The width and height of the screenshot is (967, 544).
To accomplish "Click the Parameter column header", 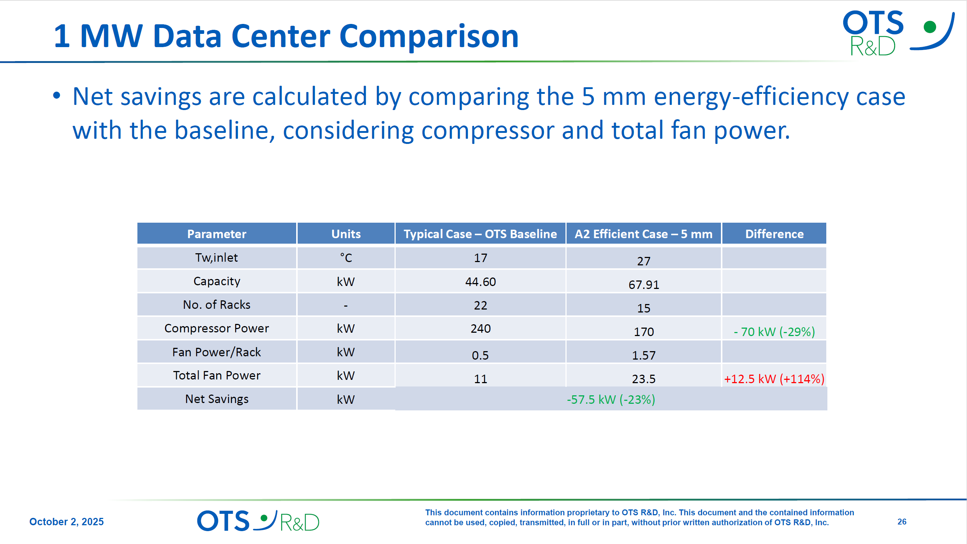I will pos(217,234).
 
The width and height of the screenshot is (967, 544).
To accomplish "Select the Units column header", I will pos(346,234).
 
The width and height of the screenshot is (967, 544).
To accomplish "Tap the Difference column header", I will pos(774,234).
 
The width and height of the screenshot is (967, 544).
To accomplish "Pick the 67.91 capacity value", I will pos(644,285).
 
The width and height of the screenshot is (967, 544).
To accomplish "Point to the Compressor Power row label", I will pos(217,328).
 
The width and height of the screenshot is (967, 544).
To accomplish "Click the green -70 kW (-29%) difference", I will pos(774,332).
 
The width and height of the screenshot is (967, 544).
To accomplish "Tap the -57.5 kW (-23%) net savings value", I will pos(611,400).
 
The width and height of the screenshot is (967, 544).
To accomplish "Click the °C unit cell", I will pos(346,258).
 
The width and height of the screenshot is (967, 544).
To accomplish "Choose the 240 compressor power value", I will pos(480,329).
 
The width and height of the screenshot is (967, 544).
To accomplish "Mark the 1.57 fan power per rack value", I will pos(644,355).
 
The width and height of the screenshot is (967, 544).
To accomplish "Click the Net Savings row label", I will pos(217,399).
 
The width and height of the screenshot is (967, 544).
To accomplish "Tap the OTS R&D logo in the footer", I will pos(258,521).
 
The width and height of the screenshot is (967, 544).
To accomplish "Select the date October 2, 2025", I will pos(66,522).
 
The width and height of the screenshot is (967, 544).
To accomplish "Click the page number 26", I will pos(902,522).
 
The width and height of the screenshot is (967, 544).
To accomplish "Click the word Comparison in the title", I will pos(429,36).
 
